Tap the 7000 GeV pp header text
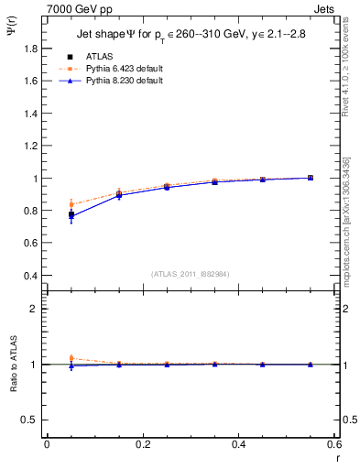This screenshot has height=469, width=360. point(71,8)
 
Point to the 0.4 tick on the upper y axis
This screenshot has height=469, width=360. point(32,276)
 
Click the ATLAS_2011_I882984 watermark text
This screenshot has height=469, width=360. point(190,274)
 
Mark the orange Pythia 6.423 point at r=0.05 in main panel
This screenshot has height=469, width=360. point(71,204)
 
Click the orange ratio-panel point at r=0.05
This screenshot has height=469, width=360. point(71,359)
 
